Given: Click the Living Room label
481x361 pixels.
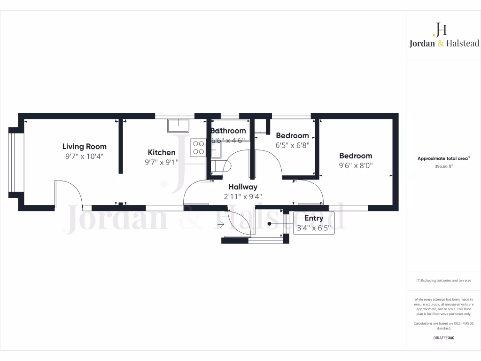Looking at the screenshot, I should [85, 147].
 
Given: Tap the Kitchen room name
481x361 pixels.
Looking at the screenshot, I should [162, 152].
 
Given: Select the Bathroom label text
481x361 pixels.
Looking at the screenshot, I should [228, 131].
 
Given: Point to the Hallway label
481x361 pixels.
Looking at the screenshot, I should [243, 187].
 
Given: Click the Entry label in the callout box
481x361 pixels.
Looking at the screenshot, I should [314, 218].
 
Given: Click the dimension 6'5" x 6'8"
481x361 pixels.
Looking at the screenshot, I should [292, 145].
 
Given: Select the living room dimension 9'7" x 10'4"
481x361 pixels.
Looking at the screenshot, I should [85, 156].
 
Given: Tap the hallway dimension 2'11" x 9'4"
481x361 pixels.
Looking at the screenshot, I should [243, 196].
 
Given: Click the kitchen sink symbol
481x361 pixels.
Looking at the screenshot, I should [178, 125].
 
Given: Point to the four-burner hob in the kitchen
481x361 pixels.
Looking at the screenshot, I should [198, 148].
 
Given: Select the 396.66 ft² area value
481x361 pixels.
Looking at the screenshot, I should [443, 166].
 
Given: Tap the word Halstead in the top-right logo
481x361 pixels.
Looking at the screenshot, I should [462, 43].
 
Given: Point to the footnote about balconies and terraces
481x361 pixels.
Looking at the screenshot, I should [443, 280].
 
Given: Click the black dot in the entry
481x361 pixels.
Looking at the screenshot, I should [270, 224].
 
